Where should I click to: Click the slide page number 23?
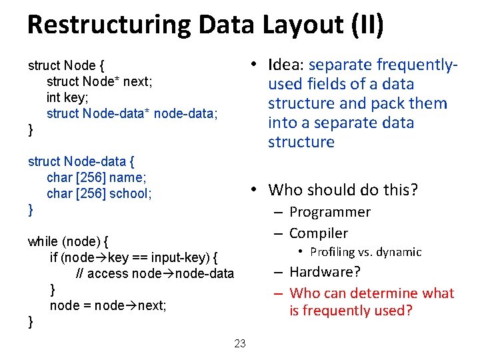pos(240,344)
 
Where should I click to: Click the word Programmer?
pos(330,212)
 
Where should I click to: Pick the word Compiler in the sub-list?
pos(319,233)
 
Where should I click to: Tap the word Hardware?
pos(325,272)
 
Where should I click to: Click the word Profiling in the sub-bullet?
pos(333,252)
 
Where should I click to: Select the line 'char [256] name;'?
pos(96,178)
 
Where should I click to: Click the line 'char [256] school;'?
pos(99,194)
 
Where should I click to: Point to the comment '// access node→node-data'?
pos(155,273)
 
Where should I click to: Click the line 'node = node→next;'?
pos(108,306)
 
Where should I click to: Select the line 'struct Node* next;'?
pos(99,82)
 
